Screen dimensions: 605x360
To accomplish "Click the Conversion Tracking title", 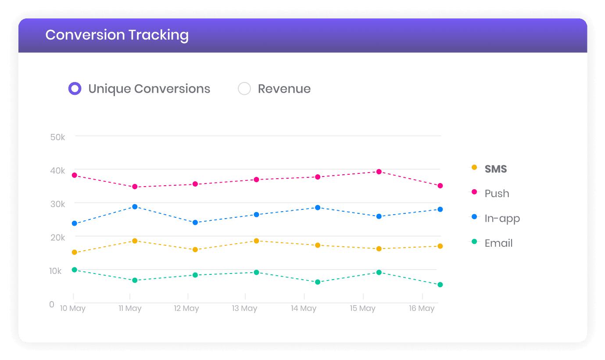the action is tap(117, 35).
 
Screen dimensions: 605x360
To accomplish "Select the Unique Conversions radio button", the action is tap(75, 88).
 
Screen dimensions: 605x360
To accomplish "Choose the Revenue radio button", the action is tap(244, 88).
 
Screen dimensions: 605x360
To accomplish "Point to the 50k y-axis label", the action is tap(57, 137).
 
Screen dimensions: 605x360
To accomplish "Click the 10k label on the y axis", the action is tap(55, 271).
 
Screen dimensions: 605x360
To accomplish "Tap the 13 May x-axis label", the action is tap(244, 308).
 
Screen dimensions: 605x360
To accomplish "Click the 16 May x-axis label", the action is tap(422, 308).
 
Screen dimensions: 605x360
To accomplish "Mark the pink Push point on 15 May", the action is tap(379, 172).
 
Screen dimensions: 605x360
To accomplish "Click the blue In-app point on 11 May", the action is tap(135, 207).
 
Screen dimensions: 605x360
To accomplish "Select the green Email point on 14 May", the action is tap(318, 282).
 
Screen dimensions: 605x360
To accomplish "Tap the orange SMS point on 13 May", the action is tap(256, 241).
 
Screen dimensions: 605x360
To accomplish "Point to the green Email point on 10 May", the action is tap(75, 270).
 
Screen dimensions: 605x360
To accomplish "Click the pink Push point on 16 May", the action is tap(440, 186).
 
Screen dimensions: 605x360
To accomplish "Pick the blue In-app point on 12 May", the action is tap(195, 223).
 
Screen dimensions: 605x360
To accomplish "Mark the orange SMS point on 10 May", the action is tap(75, 252).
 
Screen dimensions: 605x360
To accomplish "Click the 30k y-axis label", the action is tap(57, 204).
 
